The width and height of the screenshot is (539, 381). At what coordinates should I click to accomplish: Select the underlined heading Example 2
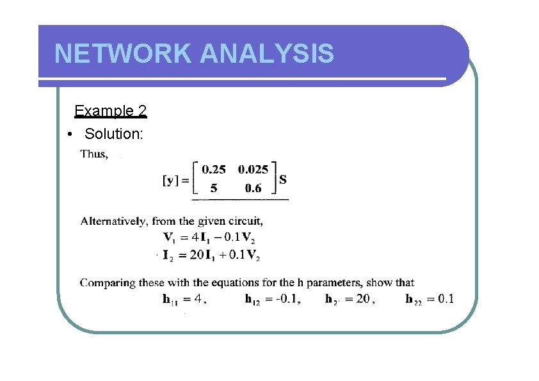click(x=110, y=111)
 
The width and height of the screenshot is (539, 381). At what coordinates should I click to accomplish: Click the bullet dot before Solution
click(x=69, y=134)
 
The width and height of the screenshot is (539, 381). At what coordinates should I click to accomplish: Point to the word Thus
click(x=93, y=154)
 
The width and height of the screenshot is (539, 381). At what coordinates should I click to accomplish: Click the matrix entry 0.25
click(x=213, y=170)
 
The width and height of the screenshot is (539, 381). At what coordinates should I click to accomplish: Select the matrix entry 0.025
click(x=253, y=170)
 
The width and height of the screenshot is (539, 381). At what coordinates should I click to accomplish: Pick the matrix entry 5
click(x=214, y=188)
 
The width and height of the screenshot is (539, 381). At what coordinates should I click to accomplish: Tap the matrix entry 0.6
click(x=253, y=188)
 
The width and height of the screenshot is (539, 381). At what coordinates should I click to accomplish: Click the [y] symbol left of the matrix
click(x=170, y=181)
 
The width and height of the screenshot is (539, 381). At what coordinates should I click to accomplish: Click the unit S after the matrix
click(x=282, y=179)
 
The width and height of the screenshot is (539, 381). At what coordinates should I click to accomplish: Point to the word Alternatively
click(x=115, y=222)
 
